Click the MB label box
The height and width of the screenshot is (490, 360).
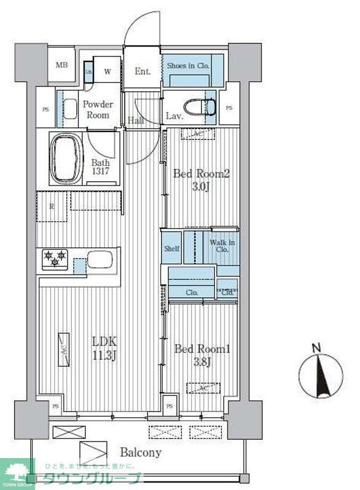62,66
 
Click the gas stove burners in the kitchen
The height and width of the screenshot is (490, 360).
54,259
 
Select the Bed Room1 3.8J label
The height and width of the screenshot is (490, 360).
202,356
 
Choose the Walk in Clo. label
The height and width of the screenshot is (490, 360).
222,246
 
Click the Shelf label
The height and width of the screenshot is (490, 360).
171,249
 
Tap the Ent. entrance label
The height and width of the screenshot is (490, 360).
143,71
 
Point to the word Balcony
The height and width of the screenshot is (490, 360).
141,453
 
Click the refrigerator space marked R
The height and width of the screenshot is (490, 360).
52,206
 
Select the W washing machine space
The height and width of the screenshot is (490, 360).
108,71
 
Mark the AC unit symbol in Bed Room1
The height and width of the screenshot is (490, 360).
203,388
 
